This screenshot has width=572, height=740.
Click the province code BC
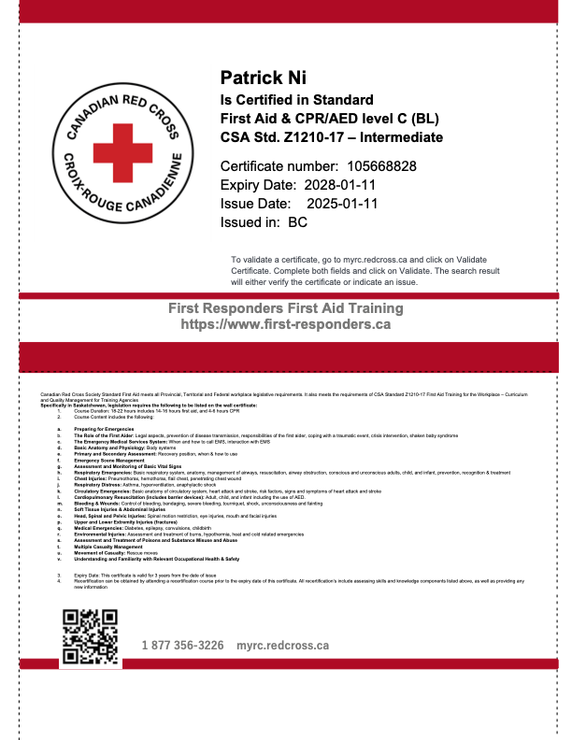298,222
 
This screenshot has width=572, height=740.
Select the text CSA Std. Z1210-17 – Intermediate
331,136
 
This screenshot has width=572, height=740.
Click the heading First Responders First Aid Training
285,308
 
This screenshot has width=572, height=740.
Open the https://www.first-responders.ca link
285,325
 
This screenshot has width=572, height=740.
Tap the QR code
89,636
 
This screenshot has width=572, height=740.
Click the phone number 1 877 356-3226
182,646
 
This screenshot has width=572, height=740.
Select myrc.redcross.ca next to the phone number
282,646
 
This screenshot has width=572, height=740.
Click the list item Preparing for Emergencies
98,428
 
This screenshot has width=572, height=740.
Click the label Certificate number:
265,165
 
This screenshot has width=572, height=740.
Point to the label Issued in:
250,222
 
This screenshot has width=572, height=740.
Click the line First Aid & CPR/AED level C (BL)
329,119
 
